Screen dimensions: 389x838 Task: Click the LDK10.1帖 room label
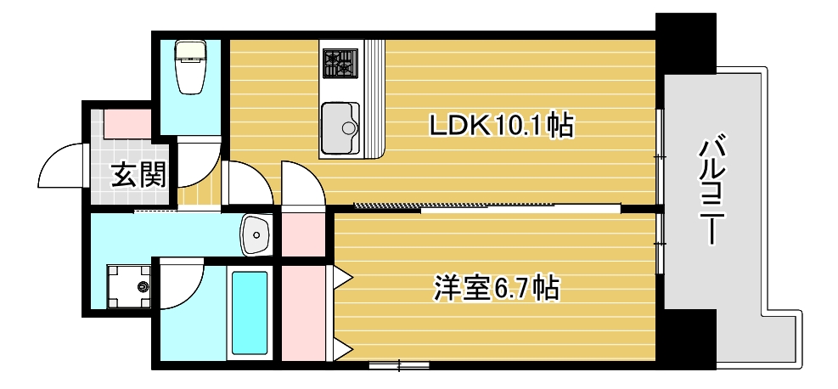(501, 127)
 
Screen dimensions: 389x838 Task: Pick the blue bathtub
(250, 312)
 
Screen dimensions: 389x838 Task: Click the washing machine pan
(129, 288)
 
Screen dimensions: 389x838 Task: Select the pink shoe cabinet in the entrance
(128, 122)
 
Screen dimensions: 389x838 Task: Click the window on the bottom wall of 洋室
(399, 366)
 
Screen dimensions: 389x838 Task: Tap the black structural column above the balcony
(685, 42)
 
